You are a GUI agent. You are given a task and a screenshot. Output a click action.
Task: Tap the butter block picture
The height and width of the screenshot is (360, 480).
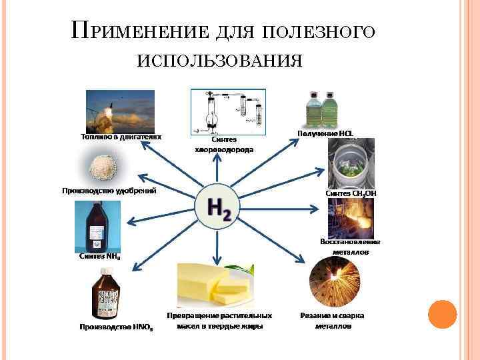point(216,284)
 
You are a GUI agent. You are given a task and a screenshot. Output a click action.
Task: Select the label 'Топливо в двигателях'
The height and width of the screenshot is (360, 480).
point(117,136)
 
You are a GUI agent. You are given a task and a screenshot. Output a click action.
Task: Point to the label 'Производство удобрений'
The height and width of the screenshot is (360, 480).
point(109,191)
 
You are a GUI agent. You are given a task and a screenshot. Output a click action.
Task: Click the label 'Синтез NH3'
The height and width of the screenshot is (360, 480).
point(100,255)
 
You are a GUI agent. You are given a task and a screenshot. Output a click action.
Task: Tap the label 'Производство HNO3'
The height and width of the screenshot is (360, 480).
point(116,327)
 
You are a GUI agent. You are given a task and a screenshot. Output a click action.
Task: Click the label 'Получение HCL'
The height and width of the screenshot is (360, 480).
point(325,133)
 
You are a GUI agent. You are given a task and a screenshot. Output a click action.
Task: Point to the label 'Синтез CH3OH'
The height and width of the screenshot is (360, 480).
point(351,193)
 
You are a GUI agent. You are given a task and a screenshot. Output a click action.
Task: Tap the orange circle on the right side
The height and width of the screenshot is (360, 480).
point(442,314)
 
